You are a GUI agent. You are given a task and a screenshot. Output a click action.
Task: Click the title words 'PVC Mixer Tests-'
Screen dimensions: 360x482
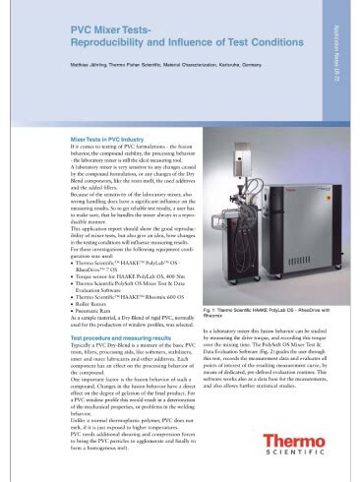coord(109,33)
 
